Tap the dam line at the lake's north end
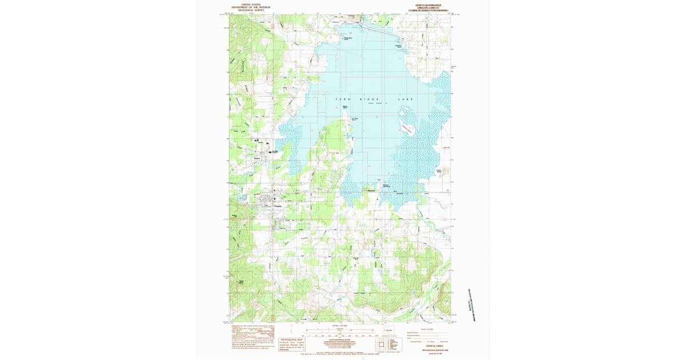pos(377,26)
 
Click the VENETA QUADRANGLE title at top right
pos(428,5)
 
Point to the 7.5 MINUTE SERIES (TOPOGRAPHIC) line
pos(428,10)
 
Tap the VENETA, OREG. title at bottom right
pos(428,346)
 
